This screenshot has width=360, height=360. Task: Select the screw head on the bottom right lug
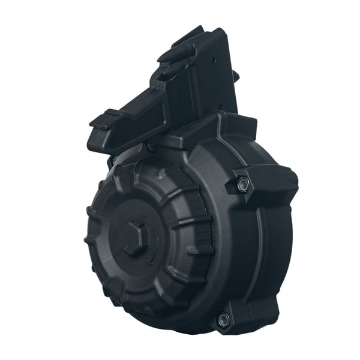(x=224, y=319)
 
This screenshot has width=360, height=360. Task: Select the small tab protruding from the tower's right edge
(x=235, y=76)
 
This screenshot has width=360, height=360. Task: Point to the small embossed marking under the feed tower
(x=174, y=142)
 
